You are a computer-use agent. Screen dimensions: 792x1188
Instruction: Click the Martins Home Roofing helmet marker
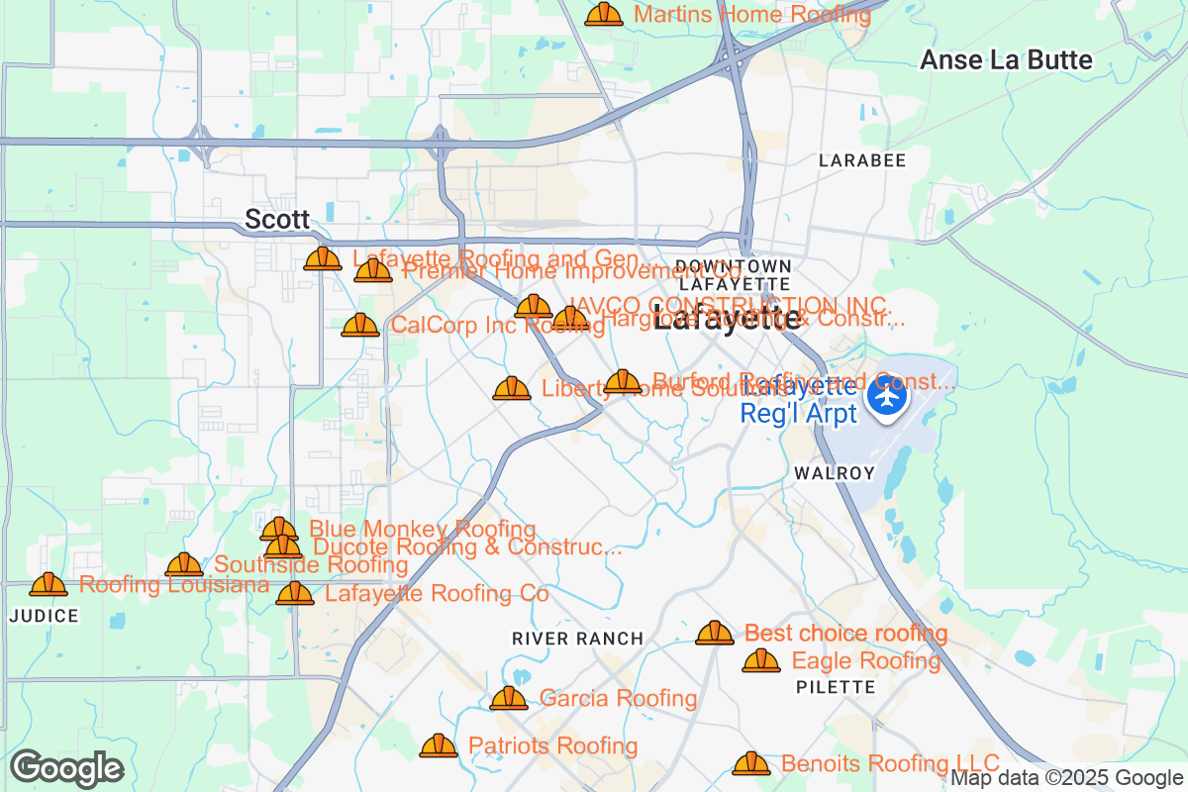tap(604, 15)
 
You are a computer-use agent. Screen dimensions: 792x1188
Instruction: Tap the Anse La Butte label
tap(1006, 60)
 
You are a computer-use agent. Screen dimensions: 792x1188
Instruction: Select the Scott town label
tap(277, 219)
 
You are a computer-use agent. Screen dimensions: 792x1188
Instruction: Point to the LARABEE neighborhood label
tap(862, 160)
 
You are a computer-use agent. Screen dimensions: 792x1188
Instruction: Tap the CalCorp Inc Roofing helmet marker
tap(360, 325)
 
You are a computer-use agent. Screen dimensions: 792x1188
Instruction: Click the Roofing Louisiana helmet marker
tap(49, 585)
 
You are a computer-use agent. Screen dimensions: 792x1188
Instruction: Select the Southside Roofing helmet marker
tap(184, 565)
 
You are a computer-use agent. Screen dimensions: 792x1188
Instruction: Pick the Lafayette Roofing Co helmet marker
tap(295, 594)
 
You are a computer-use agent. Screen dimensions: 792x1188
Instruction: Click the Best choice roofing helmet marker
tap(715, 633)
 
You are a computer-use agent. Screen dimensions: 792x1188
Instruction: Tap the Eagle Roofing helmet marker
tap(761, 660)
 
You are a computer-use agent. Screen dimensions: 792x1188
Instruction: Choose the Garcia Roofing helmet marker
tap(509, 699)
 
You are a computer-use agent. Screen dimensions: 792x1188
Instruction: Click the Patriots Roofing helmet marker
tap(439, 745)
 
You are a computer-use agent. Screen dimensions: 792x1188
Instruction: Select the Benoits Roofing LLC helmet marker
tap(751, 763)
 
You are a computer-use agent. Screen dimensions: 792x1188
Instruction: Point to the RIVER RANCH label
tap(578, 639)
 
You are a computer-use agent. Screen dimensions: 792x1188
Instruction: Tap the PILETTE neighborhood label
tap(836, 686)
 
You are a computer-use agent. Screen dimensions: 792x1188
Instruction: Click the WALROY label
tap(835, 473)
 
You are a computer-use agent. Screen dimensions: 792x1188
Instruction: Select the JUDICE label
tap(44, 616)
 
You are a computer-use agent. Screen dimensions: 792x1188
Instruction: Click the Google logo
tap(67, 768)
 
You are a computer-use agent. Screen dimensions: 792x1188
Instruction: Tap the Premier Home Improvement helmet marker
tap(373, 270)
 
